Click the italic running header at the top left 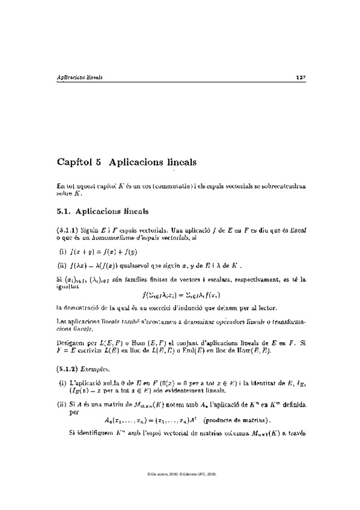[x=79, y=78]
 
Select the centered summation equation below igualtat [x=181, y=295]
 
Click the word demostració [x=85, y=307]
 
